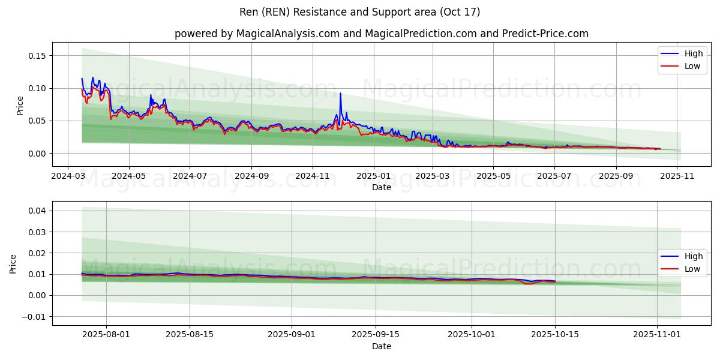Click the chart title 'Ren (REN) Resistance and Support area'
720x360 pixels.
tap(359, 12)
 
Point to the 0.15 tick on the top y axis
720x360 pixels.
tap(37, 56)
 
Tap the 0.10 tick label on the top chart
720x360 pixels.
tap(37, 88)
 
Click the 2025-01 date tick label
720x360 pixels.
tap(373, 176)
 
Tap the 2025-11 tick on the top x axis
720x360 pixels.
tap(677, 176)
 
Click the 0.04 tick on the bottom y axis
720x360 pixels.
tap(37, 211)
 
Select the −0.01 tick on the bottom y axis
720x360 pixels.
tap(34, 316)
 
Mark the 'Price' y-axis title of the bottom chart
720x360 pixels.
tap(13, 264)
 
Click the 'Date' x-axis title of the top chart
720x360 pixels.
tap(381, 187)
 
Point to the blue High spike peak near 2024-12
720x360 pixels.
tap(340, 93)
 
